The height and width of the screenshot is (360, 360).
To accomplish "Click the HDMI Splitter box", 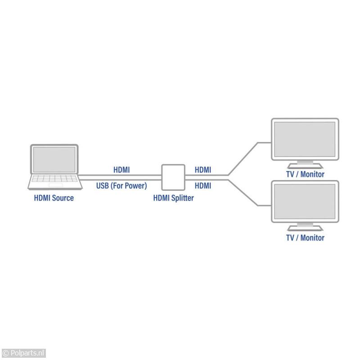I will click(173, 177).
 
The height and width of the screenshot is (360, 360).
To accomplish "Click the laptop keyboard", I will click(54, 181).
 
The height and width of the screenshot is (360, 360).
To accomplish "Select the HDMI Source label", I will click(54, 198).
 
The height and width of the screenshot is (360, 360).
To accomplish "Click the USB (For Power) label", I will click(121, 185).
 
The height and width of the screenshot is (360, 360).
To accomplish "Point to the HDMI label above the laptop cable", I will click(121, 170).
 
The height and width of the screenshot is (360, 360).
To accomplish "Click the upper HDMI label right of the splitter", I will click(203, 170).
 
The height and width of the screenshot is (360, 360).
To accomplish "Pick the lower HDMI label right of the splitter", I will click(203, 185).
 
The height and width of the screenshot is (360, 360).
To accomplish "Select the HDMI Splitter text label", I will click(173, 198).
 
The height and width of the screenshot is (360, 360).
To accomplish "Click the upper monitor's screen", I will click(305, 139).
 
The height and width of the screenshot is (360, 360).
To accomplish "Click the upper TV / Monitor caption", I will click(305, 174).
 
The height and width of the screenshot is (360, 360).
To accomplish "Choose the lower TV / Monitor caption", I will click(305, 238).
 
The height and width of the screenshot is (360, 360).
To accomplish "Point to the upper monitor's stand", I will click(305, 164).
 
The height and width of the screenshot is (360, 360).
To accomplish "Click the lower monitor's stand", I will click(305, 227).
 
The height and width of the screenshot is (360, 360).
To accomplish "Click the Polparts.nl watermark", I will click(23, 354).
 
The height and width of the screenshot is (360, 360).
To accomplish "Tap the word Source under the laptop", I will click(63, 198).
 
